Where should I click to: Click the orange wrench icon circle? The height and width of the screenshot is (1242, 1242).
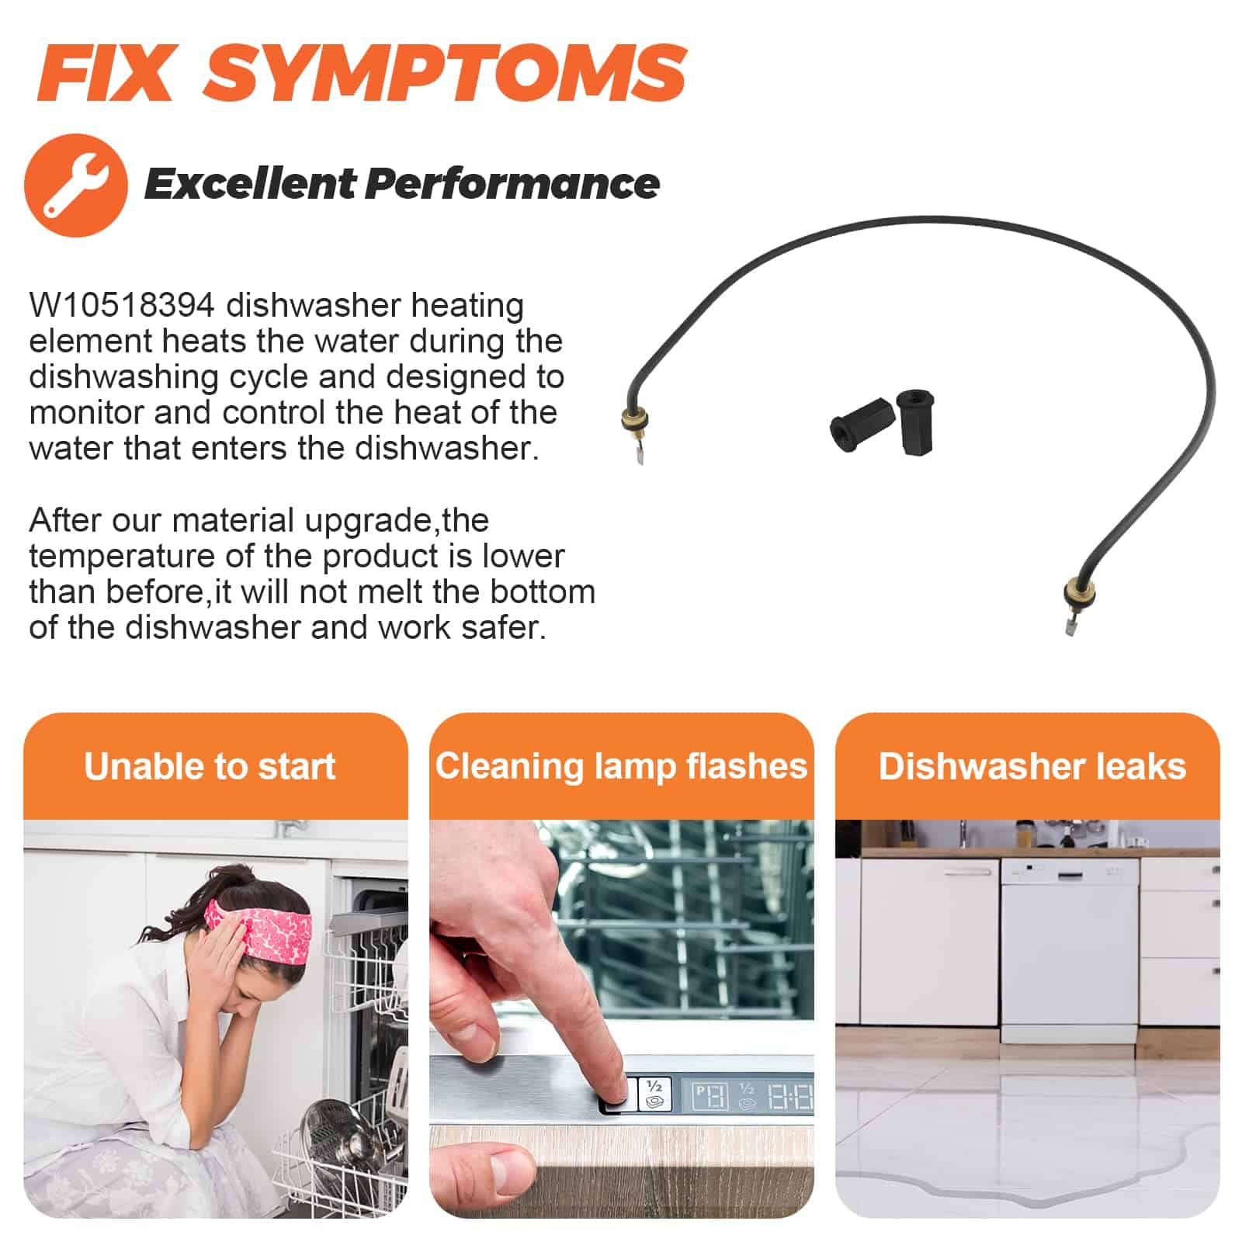[76, 185]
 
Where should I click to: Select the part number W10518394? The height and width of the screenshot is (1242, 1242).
[122, 305]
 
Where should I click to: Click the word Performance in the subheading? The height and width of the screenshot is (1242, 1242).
[512, 184]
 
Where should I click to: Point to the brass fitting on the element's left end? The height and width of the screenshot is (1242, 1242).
[634, 420]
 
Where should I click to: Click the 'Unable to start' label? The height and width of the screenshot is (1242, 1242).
[210, 767]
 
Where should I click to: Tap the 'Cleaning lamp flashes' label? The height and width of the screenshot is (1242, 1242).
[621, 766]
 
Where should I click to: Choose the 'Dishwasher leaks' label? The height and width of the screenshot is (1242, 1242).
[1032, 767]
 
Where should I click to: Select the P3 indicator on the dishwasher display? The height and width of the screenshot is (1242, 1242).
[710, 1096]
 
